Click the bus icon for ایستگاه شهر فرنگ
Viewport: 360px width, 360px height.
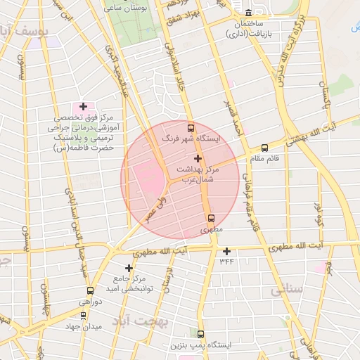coord(191,128)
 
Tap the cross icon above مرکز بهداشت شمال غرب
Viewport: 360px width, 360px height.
coord(198,159)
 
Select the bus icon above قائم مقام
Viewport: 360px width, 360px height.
coord(264,148)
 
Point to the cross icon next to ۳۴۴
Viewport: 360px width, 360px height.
coord(226,251)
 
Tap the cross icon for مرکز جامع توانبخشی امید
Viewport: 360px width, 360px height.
coord(129,268)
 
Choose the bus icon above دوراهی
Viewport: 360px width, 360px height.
coord(90,290)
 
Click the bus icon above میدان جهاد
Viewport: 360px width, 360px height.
coord(83,315)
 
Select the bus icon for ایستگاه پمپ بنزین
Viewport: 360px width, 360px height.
coord(201,334)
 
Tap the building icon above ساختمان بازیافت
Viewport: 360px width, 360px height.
coord(249,13)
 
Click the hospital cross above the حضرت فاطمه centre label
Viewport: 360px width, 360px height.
coord(83,107)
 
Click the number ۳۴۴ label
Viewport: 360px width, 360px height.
coord(226,262)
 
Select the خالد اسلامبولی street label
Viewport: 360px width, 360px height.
coord(173,78)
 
